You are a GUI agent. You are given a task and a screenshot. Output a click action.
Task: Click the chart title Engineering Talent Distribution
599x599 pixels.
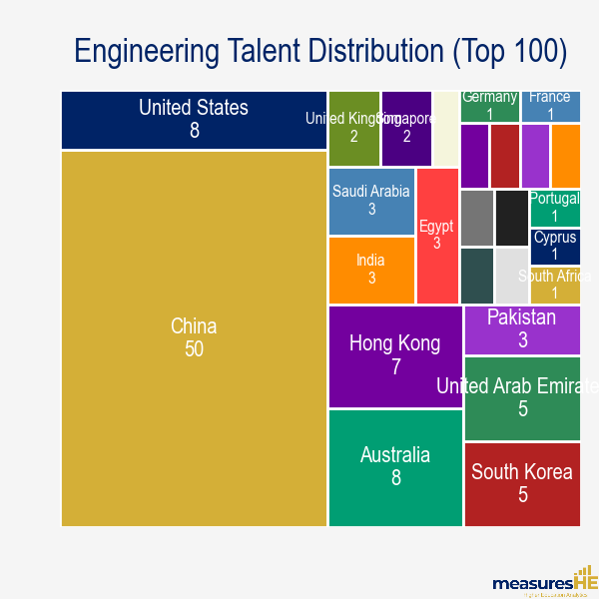click(x=320, y=52)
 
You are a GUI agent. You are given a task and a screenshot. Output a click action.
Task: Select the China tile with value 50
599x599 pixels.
click(x=194, y=337)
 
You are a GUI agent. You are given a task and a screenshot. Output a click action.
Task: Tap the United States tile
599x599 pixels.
click(x=194, y=119)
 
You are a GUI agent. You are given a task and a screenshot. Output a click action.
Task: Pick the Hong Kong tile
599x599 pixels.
click(x=394, y=355)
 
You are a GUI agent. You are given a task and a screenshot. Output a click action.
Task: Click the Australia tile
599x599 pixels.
click(x=394, y=466)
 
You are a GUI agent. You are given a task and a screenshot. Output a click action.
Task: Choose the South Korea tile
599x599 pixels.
click(x=522, y=483)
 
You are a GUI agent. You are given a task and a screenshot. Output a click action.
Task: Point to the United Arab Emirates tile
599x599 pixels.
click(x=522, y=397)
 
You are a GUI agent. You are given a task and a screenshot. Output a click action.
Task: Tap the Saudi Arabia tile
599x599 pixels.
click(x=371, y=201)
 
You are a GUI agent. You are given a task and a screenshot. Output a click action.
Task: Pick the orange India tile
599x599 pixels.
click(x=371, y=270)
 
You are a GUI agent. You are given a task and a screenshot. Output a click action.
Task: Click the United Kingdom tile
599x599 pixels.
click(x=353, y=128)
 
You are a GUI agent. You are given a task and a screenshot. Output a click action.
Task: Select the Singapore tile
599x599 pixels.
click(x=406, y=128)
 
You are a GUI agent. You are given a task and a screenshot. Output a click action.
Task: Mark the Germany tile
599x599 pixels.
click(x=489, y=105)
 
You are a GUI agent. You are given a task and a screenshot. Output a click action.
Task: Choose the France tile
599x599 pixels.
click(x=550, y=105)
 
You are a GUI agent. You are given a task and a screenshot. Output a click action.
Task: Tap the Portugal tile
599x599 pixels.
click(x=554, y=208)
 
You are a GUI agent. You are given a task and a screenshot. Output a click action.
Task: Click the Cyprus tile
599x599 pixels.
click(x=554, y=246)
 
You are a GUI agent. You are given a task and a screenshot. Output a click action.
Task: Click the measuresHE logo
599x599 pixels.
click(x=544, y=581)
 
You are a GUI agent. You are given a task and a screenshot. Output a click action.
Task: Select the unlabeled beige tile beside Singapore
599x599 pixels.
click(x=445, y=128)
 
